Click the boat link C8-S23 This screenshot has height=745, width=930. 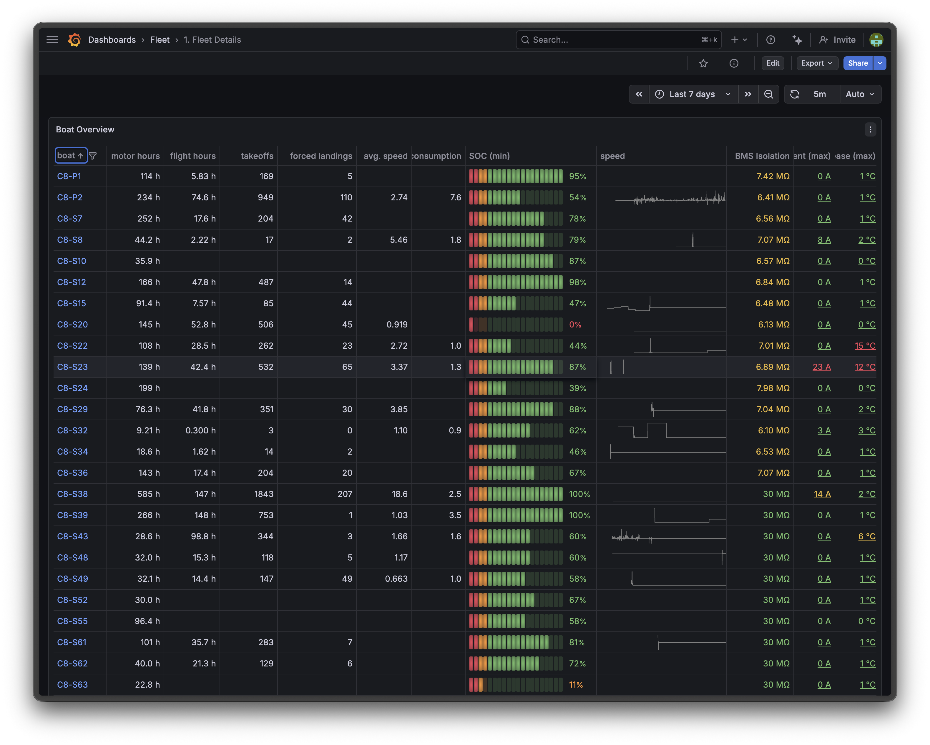(72, 367)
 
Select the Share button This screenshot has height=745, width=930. (858, 63)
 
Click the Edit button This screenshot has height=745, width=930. (773, 63)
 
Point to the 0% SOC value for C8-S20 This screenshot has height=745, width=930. (575, 325)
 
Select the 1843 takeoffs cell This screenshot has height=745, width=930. (264, 494)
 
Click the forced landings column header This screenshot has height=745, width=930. (320, 156)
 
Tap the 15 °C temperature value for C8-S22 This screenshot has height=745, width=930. (865, 346)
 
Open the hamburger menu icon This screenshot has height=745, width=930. (52, 40)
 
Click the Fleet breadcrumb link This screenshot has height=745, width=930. (160, 40)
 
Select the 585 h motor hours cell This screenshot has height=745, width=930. (148, 494)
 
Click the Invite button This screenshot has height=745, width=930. (837, 40)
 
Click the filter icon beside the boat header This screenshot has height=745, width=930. (93, 156)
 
